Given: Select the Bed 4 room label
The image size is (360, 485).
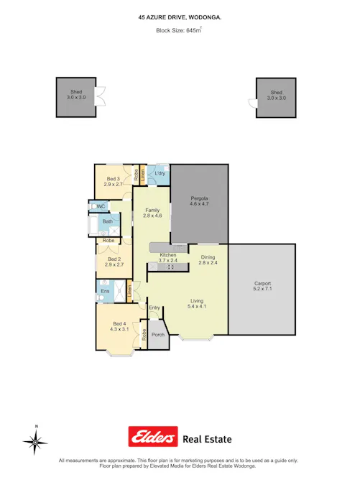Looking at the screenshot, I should [119, 325].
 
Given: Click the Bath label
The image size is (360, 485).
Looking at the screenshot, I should [107, 222].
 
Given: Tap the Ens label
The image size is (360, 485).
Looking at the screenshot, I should [105, 291].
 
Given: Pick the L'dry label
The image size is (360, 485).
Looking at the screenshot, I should [160, 173].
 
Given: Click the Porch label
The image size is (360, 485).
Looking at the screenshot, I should [158, 335].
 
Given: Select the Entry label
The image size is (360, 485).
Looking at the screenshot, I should [154, 309].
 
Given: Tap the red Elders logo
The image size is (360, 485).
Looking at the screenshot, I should [152, 436].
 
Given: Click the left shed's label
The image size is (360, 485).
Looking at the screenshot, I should [76, 94].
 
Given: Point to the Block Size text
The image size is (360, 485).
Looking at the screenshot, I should [180, 31].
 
